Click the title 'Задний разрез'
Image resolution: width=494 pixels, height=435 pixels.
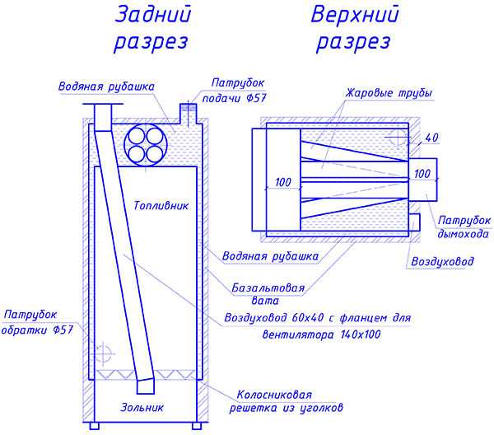[x=152, y=28]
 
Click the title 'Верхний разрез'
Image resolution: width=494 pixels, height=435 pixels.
[x=354, y=28]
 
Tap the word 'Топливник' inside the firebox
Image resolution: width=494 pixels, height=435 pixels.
[x=161, y=206]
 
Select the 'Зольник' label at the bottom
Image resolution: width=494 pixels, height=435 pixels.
[x=142, y=407]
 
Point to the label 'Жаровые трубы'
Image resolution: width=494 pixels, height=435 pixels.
[x=389, y=93]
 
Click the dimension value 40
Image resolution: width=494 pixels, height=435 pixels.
[x=431, y=138]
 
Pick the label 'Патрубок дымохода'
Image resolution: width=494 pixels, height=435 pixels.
[x=464, y=227]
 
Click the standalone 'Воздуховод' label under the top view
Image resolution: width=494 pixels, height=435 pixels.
[x=442, y=261]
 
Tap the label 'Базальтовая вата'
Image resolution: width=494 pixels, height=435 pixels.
[x=268, y=294]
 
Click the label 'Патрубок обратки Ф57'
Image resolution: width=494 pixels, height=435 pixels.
[x=37, y=322]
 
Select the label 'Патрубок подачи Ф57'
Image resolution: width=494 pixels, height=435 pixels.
[x=235, y=91]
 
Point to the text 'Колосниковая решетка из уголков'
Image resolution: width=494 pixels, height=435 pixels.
[x=286, y=401]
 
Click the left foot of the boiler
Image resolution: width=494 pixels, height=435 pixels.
[x=94, y=426]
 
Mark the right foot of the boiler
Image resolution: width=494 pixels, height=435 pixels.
[x=197, y=426]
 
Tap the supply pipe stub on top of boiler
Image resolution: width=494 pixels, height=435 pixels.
[x=189, y=113]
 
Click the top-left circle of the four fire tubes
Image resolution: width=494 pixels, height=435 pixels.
[x=137, y=137]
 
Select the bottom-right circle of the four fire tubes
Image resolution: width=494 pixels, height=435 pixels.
[x=155, y=155]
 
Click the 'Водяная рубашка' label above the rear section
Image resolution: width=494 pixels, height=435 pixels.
[x=106, y=87]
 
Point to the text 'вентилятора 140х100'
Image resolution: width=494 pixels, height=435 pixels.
[x=321, y=334]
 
